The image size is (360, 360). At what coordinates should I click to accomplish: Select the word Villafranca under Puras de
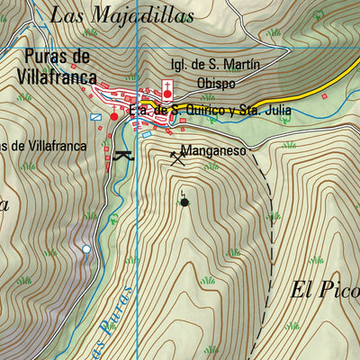[57, 77]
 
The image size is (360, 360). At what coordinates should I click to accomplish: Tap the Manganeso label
[213, 152]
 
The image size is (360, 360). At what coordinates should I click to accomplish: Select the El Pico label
[325, 290]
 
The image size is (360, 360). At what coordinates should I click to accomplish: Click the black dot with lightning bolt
[184, 202]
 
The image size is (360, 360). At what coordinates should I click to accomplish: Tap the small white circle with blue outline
[86, 248]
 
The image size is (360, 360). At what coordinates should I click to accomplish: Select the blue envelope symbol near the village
[96, 115]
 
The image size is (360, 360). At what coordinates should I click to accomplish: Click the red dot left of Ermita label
[113, 116]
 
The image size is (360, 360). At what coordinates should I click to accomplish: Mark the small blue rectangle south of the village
[147, 135]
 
